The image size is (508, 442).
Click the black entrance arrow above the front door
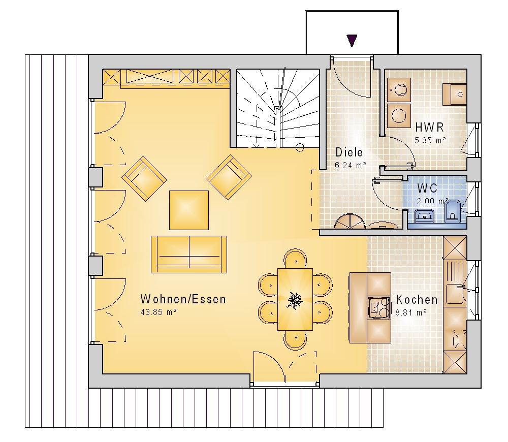tap(352, 41)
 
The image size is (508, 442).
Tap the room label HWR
tap(430, 128)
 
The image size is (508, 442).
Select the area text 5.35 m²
tap(430, 141)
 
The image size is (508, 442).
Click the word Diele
tap(349, 152)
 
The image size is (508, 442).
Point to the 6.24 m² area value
tap(351, 165)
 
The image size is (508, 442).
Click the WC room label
tap(427, 188)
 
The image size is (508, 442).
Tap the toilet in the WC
tap(453, 212)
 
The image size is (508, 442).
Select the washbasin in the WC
tap(424, 216)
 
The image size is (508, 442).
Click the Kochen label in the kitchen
tap(417, 300)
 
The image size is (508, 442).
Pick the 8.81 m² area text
tap(411, 313)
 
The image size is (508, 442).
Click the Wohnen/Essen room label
tap(183, 299)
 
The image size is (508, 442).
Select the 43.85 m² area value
tap(158, 312)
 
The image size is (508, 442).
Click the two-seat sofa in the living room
tap(189, 255)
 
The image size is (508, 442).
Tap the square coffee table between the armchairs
tap(189, 210)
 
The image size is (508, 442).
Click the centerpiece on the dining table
tap(295, 300)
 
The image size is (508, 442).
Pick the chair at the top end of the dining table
tap(295, 259)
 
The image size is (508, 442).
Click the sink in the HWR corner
tap(455, 94)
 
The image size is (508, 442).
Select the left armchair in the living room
tap(144, 178)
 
